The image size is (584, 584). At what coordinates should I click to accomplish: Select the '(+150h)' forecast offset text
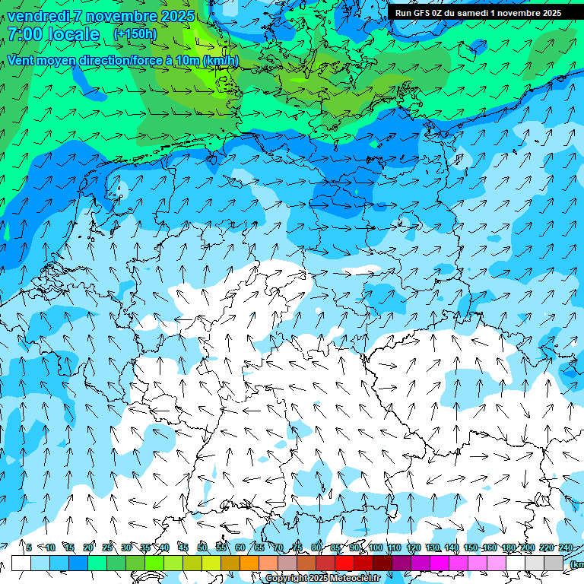tap(135, 33)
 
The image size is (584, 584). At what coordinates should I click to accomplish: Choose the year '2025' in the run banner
tap(547, 13)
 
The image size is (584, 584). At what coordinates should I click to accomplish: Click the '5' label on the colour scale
tap(29, 547)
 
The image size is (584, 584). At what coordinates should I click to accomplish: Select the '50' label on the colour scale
tap(202, 547)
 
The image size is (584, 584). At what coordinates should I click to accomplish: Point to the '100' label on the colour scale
tap(375, 547)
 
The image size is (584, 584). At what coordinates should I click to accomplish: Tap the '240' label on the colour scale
tap(565, 547)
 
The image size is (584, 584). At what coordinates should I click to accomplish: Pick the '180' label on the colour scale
tap(508, 547)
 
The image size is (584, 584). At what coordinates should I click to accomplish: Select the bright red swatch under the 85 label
tap(344, 563)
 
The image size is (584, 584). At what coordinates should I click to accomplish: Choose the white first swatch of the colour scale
tap(21, 563)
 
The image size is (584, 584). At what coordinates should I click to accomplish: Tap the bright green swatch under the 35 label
tap(154, 563)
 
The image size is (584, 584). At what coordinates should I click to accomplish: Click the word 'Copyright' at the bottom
tap(286, 579)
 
